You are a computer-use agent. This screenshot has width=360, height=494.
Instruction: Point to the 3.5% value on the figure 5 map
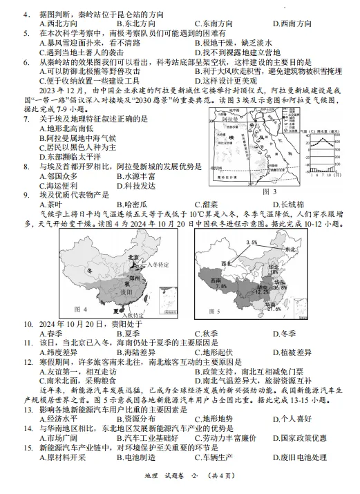pyautogui.click(x=249, y=243)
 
